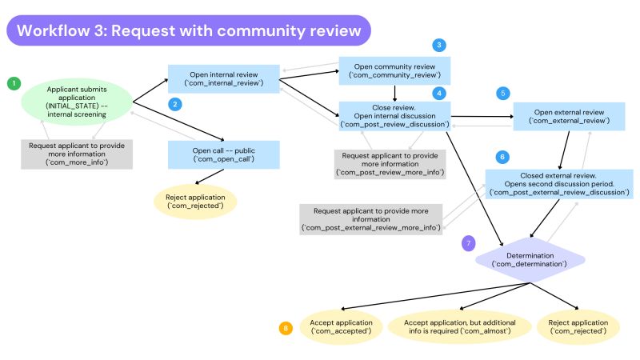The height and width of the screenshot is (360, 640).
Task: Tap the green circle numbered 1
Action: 13,83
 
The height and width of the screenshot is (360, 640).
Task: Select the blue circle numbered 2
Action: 174,104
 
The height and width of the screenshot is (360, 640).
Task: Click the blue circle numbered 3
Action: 439,45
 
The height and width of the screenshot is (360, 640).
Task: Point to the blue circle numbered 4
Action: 439,93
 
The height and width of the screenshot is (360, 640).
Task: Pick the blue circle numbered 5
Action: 502,93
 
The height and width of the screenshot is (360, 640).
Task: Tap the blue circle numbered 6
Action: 502,157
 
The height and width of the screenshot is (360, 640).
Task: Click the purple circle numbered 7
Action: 470,242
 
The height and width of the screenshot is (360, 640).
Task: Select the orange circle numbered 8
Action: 286,327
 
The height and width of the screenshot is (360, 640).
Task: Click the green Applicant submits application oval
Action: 77,102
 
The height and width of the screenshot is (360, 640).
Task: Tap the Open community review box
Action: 394,70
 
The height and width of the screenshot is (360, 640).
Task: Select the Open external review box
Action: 570,115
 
